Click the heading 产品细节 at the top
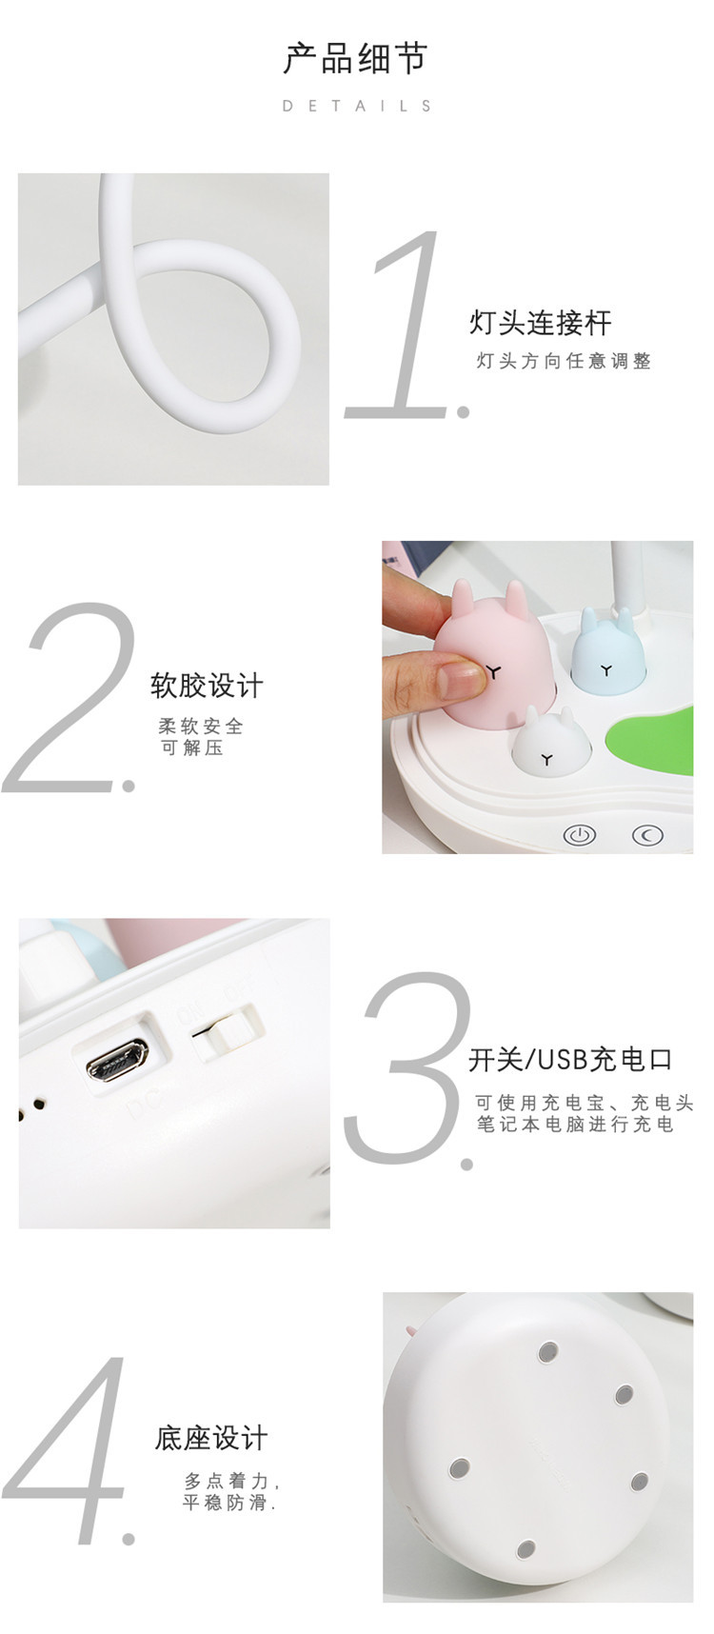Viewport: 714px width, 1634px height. coord(356,59)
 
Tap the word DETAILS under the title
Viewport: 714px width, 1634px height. coord(357,106)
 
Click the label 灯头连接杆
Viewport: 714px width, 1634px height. coord(540,323)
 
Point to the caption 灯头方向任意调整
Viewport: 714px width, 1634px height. coord(564,361)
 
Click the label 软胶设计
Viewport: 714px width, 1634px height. coord(207,685)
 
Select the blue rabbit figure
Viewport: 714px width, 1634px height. coord(607,647)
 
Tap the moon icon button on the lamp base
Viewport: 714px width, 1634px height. coord(648,835)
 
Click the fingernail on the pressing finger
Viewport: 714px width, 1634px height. coord(460,680)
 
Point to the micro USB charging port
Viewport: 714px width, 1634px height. coord(117,1060)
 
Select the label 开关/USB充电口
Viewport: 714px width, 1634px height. coord(570,1059)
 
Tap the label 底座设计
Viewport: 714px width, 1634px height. coord(211,1437)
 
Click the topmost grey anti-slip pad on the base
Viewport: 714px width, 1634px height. coord(547,1352)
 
